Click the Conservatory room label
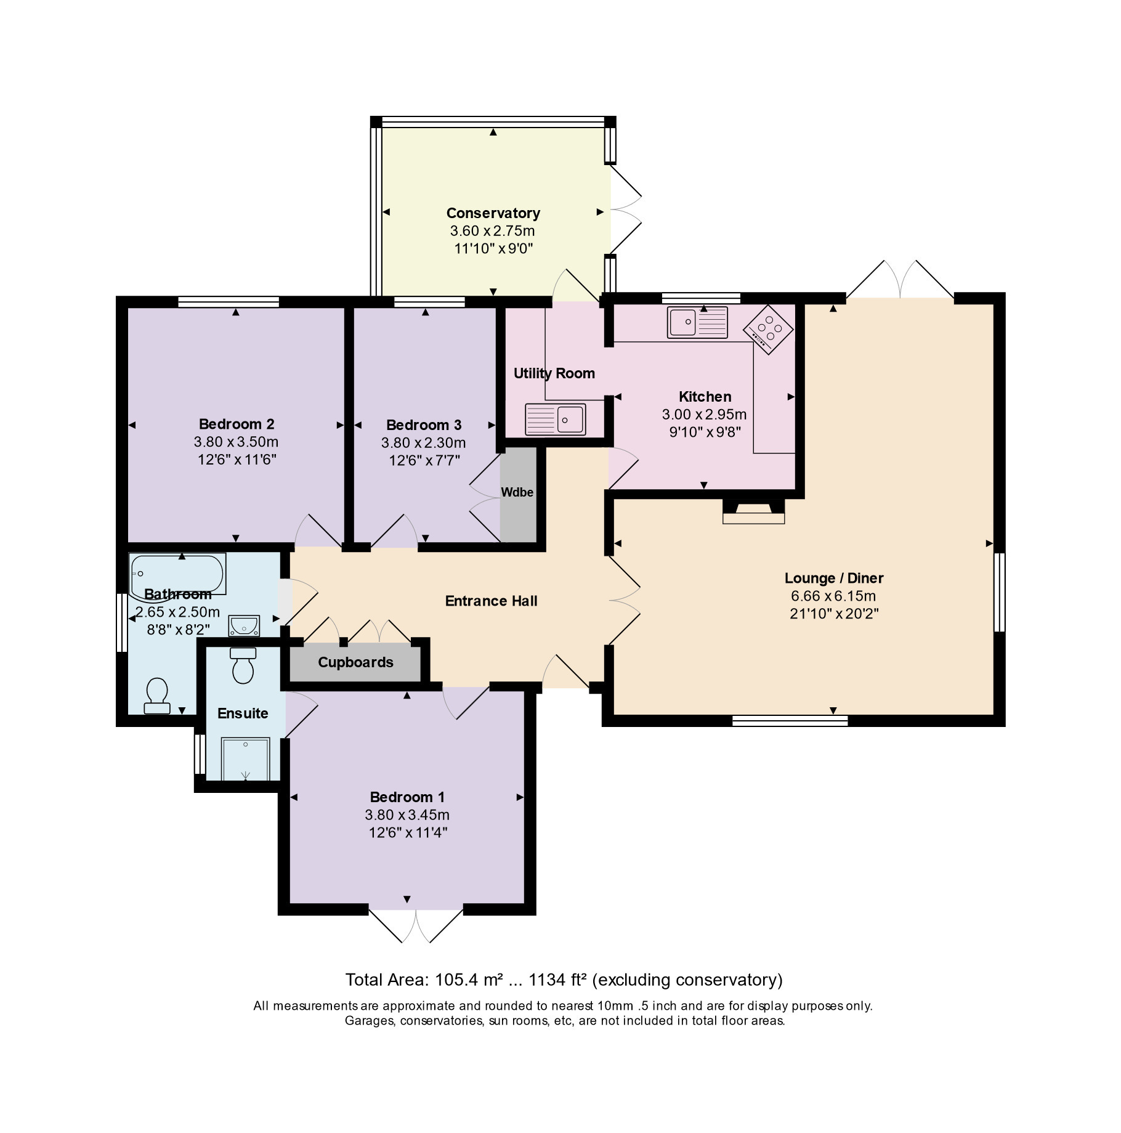(493, 213)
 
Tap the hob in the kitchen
(769, 330)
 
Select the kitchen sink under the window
(697, 322)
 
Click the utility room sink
(555, 420)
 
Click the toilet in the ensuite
(243, 665)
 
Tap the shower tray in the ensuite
(245, 759)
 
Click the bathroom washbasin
(244, 625)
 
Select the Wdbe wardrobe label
(517, 492)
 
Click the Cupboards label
(355, 662)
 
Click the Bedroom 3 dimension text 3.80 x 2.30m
(423, 443)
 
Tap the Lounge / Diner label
(834, 578)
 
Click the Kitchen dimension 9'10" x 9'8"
(705, 432)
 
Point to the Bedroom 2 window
(229, 302)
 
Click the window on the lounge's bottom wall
(790, 721)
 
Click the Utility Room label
(554, 373)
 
